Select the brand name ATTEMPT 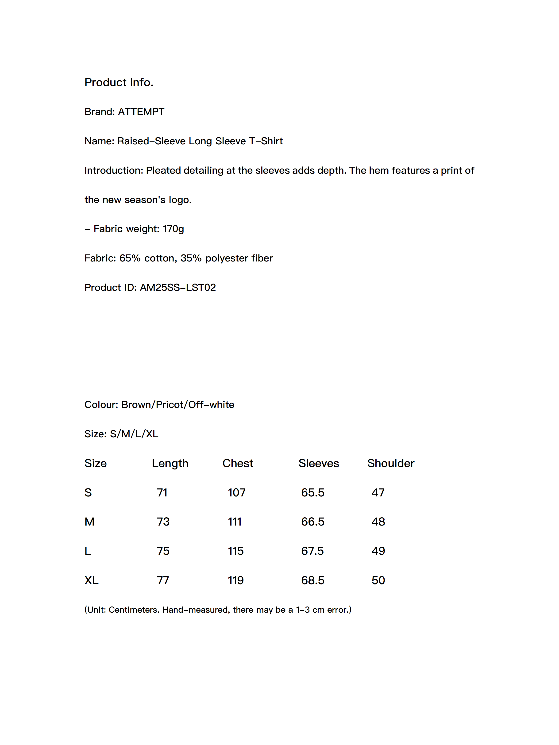point(141,112)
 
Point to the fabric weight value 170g point(173,229)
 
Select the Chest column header point(238,463)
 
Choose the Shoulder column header point(390,463)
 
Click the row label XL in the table point(91,580)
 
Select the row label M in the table point(89,522)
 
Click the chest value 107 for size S point(237,493)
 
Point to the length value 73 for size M point(163,522)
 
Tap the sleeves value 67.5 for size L point(312,551)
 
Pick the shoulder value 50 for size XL point(378,580)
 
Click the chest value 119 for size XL point(235,580)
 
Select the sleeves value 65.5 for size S point(313,493)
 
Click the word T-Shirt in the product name point(266,141)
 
